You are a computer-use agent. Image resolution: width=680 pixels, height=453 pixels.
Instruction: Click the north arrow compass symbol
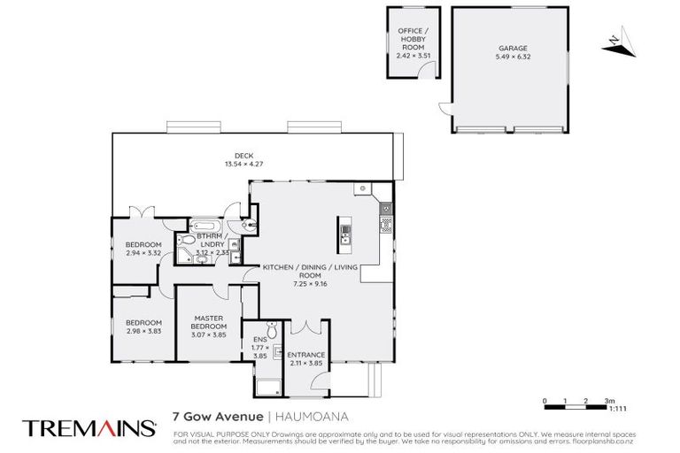tap(617, 39)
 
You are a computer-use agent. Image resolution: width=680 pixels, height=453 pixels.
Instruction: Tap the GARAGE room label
tap(506, 49)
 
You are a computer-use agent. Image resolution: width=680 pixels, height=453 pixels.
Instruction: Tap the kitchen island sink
tap(345, 234)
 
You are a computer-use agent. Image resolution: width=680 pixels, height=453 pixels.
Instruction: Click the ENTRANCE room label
tap(305, 355)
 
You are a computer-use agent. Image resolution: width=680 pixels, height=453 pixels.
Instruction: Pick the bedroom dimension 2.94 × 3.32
tap(143, 253)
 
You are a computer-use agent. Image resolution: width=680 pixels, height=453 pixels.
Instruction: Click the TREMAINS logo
tap(88, 428)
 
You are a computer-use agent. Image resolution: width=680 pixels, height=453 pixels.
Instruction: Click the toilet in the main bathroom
tap(189, 241)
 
